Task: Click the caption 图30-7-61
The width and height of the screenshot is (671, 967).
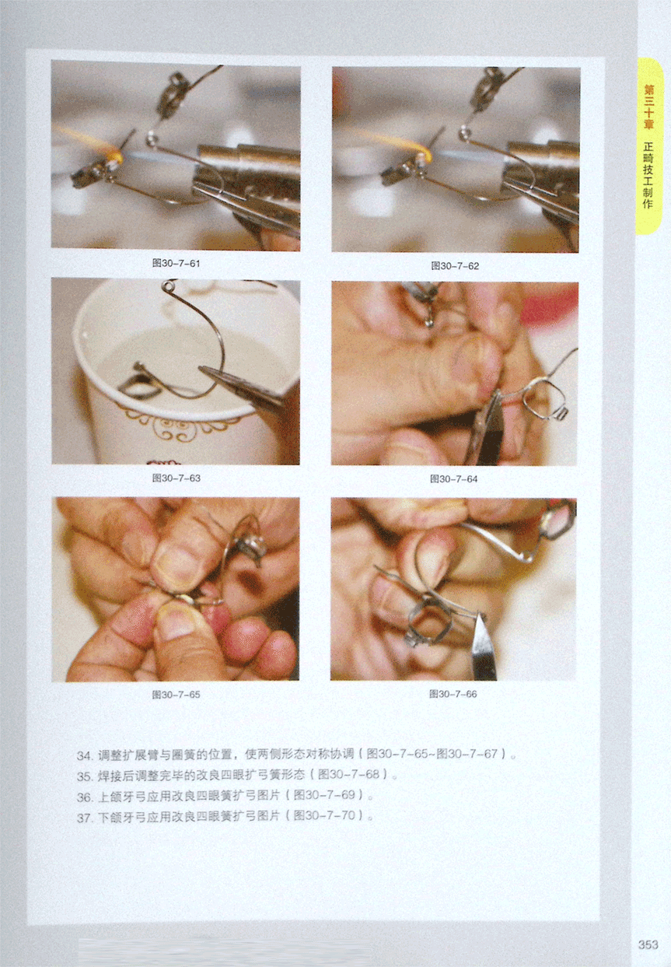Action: point(176,263)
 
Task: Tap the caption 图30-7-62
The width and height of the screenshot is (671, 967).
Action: point(455,266)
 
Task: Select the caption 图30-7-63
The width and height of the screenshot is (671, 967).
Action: point(176,478)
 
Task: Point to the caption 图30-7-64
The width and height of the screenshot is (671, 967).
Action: point(453,478)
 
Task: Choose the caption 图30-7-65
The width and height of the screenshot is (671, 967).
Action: point(176,695)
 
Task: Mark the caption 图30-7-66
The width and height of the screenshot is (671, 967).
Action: point(453,694)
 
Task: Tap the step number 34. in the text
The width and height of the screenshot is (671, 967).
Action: point(85,755)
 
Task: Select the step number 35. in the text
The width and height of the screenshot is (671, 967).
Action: point(85,776)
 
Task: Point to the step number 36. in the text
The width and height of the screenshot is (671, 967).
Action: point(85,797)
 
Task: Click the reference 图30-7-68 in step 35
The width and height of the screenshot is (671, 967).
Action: point(348,774)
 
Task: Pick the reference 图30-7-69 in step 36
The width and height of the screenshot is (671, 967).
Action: point(324,795)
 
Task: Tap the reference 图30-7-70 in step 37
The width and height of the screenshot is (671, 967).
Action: point(324,815)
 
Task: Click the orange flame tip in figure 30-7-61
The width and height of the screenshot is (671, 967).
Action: point(116,155)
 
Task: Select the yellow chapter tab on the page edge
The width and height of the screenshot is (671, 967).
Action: point(649,147)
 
